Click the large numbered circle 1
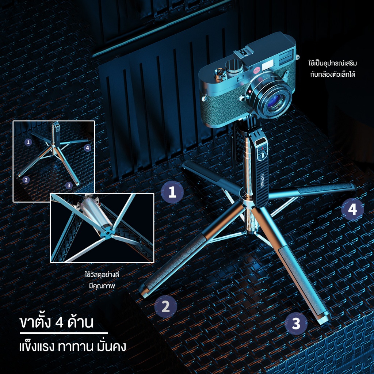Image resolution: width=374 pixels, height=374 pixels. pos(172,192)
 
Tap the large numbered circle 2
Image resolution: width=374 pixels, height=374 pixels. pos(165,306)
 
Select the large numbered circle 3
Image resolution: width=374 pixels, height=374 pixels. pos(296,324)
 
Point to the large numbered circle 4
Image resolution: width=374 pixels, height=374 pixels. pos(352,209)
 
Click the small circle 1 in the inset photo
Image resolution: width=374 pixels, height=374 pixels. pos(28,142)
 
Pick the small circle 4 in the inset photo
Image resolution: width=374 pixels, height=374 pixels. pos(88,148)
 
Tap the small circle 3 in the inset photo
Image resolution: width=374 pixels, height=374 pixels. pos(69,185)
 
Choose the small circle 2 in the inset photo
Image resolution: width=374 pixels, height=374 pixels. pos(26,180)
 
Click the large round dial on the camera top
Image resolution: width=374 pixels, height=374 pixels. pos(233,66)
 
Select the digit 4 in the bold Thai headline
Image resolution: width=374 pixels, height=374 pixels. pos(59,323)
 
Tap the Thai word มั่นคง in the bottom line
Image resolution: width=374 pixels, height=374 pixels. pos(111,347)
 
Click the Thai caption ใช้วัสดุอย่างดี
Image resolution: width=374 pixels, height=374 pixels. pos(102,275)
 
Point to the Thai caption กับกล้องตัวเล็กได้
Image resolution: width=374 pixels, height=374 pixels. pos(333,74)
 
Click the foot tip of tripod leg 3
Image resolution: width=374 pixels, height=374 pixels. pos(325,320)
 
